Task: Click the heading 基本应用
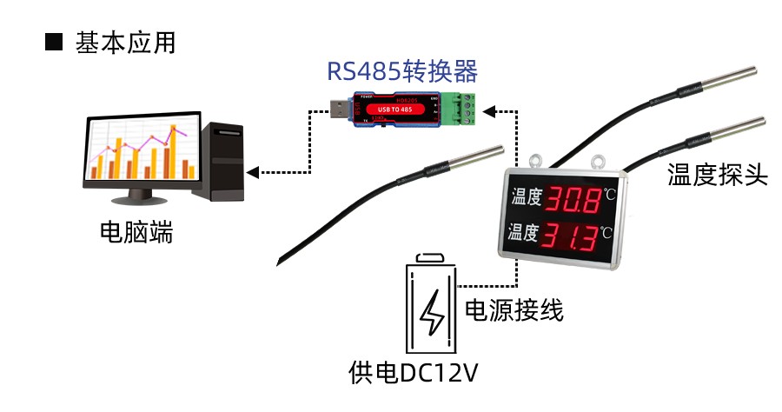[x=125, y=43]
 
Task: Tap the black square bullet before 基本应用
[x=54, y=43]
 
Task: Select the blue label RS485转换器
[x=402, y=71]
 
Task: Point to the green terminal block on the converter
[x=460, y=108]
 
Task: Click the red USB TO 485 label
[x=401, y=109]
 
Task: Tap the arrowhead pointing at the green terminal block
[x=488, y=110]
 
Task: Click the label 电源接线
[x=514, y=310]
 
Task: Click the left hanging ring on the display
[x=534, y=162]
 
